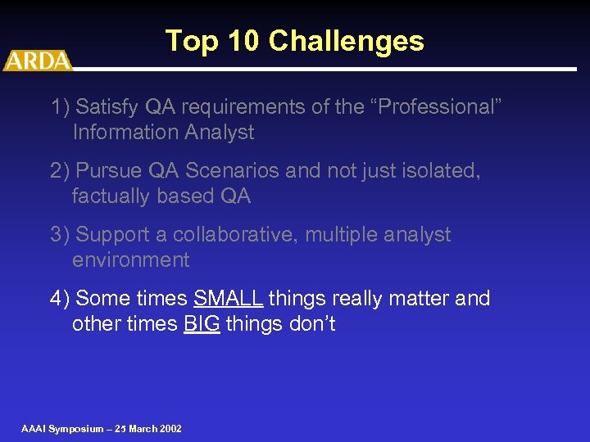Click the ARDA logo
37,61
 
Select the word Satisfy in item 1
108,107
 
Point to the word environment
130,260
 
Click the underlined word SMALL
228,299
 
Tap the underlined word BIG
202,324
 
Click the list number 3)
60,235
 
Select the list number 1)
60,107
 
